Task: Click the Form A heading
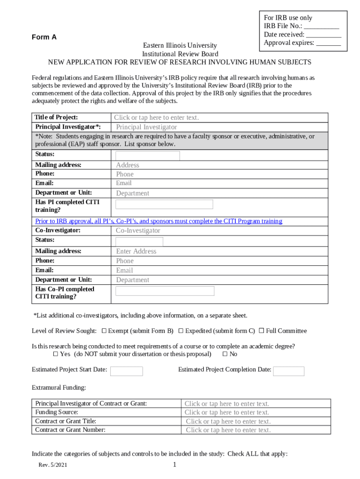44,37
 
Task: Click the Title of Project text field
157,117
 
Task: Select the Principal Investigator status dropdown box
148,156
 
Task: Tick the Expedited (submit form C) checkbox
180,331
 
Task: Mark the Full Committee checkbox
261,331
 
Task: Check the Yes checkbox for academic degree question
56,354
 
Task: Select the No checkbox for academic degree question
225,354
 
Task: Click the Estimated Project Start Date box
126,371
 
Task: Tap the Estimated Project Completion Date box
288,371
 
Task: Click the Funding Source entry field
227,412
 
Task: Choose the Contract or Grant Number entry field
228,430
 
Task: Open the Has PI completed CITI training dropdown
164,204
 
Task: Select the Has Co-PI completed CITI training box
165,291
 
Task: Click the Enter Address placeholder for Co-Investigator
136,251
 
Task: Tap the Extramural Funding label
58,387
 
